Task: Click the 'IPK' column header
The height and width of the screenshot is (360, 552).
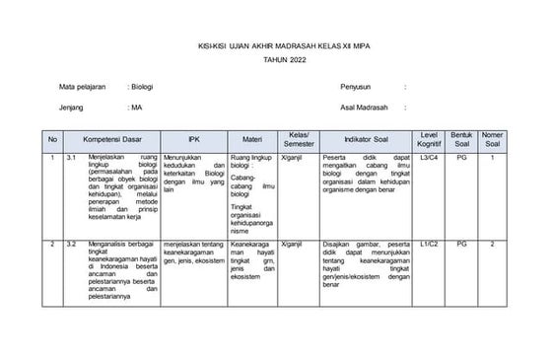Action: [193, 139]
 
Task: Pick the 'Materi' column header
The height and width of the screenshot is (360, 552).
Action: [251, 139]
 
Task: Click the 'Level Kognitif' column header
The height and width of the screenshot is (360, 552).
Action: [429, 139]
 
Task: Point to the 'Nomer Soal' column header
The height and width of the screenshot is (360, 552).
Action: [494, 139]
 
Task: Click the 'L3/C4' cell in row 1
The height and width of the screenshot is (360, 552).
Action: [429, 157]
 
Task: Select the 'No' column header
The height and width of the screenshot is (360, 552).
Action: [52, 139]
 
